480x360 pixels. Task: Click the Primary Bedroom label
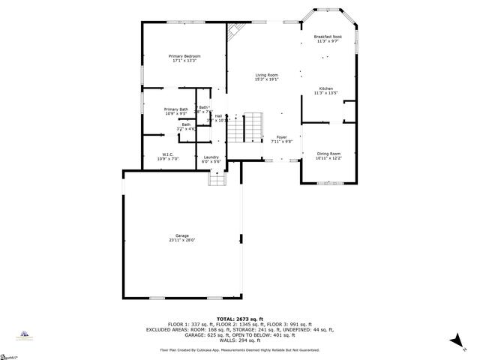point(184,56)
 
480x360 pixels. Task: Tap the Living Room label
point(266,74)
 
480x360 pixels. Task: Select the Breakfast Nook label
point(327,37)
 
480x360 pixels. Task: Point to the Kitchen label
point(326,88)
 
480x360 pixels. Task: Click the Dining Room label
point(328,153)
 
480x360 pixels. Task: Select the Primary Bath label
point(176,109)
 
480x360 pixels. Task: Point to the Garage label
point(182,235)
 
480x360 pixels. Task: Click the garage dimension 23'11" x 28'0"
point(182,241)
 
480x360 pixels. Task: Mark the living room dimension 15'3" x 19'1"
point(266,79)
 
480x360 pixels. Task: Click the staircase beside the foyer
point(246,127)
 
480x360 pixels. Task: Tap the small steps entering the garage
point(216,178)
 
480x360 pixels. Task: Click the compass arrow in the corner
point(455,342)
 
